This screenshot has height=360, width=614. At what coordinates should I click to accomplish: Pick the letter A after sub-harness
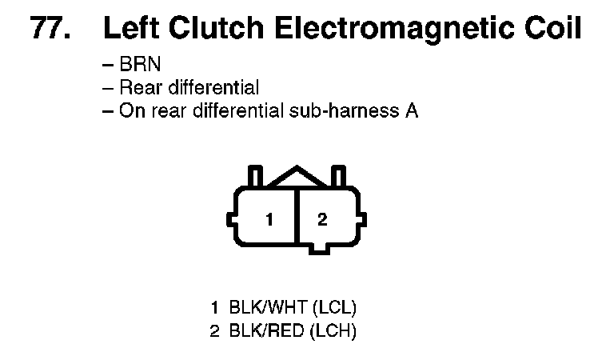point(410,110)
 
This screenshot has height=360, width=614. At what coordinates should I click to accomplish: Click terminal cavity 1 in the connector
point(269,219)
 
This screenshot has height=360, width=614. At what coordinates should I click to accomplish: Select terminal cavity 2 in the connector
point(322,219)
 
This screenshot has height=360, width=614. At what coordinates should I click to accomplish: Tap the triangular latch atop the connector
point(297,177)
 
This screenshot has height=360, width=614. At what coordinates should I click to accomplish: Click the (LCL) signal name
point(334,307)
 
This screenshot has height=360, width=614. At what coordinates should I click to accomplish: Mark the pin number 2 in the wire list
point(214,330)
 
